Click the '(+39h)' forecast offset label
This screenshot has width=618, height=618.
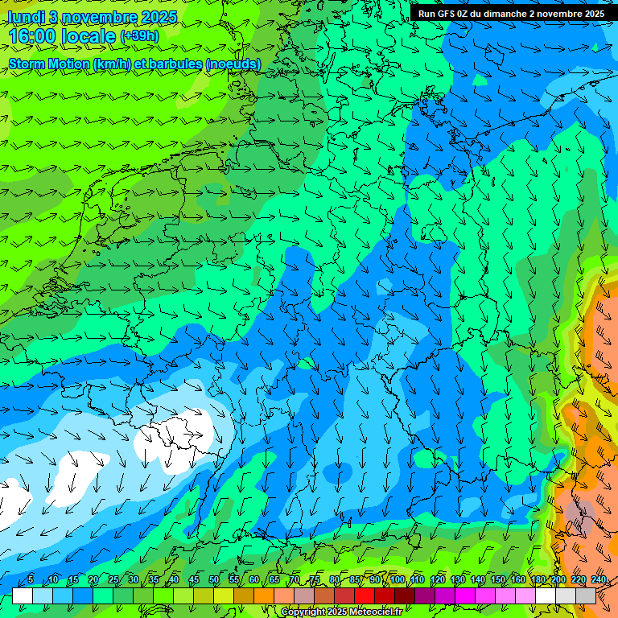click(139, 36)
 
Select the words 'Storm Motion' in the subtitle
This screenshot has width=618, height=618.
click(47, 64)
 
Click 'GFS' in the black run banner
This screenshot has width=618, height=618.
click(447, 14)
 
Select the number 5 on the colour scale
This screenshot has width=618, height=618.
click(31, 580)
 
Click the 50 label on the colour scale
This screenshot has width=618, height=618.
click(213, 580)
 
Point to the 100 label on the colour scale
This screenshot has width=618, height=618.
click(397, 580)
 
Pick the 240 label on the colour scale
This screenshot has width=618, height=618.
click(598, 580)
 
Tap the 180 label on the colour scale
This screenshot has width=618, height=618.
click(538, 580)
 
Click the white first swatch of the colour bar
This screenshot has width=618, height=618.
click(23, 595)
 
